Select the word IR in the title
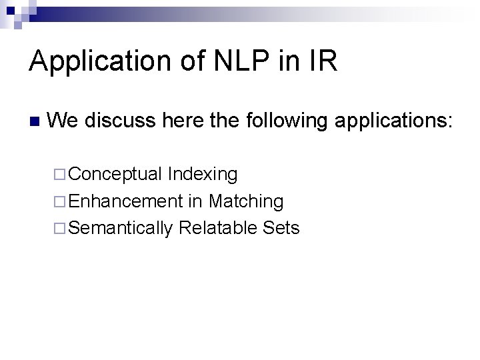point(323,61)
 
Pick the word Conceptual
point(115,175)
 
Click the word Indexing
point(203,175)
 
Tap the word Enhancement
point(125,201)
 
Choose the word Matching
point(246,201)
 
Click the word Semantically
point(120,228)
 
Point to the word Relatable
point(218,227)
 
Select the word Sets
point(281,227)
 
